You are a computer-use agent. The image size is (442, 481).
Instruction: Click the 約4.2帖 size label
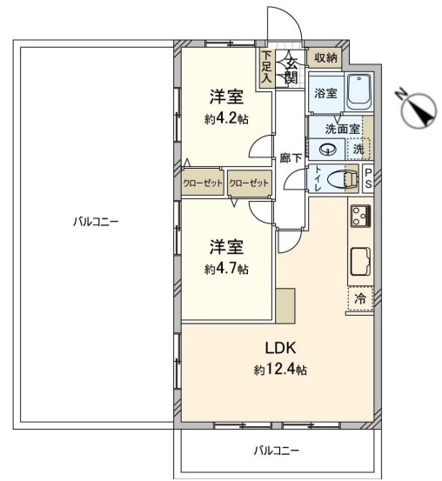pyautogui.click(x=226, y=118)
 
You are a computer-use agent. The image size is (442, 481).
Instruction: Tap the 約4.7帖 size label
pyautogui.click(x=226, y=269)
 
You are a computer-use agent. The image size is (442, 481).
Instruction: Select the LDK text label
pyautogui.click(x=280, y=348)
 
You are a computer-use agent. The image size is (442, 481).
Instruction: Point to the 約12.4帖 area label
pyautogui.click(x=280, y=370)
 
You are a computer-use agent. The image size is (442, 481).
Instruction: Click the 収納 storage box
pyautogui.click(x=325, y=57)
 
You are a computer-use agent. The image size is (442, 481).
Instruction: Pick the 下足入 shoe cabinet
pyautogui.click(x=267, y=69)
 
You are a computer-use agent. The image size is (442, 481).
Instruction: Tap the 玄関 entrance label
pyautogui.click(x=291, y=71)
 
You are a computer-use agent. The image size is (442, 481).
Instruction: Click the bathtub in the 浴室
pyautogui.click(x=358, y=92)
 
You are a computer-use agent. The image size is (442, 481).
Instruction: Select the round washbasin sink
pyautogui.click(x=328, y=150)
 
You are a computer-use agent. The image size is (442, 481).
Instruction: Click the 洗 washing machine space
pyautogui.click(x=358, y=149)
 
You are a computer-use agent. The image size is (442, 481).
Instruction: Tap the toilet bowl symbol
pyautogui.click(x=343, y=179)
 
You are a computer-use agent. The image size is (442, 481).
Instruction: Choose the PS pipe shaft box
pyautogui.click(x=368, y=179)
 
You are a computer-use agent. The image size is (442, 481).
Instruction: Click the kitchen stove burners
pyautogui.click(x=361, y=216)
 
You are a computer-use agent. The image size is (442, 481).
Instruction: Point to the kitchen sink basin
pyautogui.click(x=360, y=261)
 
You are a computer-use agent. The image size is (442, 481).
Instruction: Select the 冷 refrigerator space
pyautogui.click(x=360, y=298)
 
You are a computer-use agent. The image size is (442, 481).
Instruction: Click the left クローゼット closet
pyautogui.click(x=203, y=184)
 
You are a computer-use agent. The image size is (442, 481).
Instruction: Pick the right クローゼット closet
pyautogui.click(x=249, y=184)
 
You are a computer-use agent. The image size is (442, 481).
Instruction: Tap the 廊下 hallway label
pyautogui.click(x=291, y=158)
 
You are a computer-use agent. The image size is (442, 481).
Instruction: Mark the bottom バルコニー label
pyautogui.click(x=277, y=451)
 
